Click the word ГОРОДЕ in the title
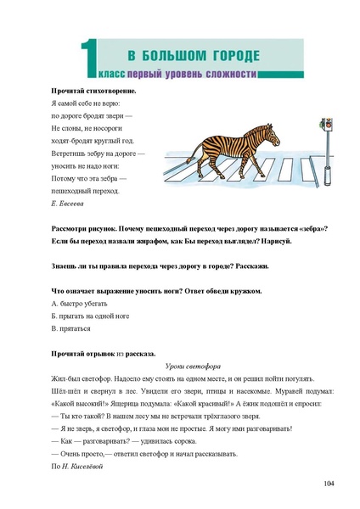click(228, 57)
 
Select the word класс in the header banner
click(116, 74)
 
